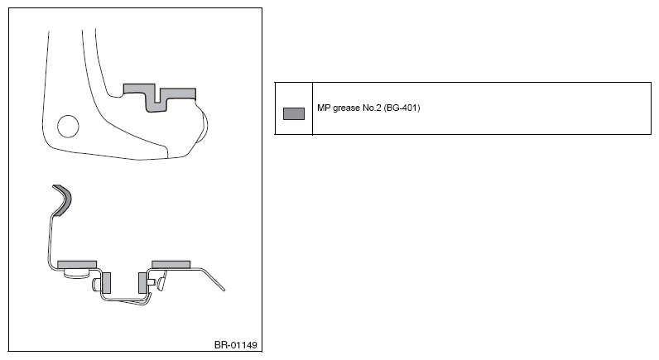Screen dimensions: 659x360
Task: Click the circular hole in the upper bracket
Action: pos(68,126)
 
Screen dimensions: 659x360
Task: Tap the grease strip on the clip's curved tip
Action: pos(63,199)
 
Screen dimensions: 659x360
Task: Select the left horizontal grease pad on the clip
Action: pos(77,265)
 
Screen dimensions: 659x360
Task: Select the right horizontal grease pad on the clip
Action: pos(171,264)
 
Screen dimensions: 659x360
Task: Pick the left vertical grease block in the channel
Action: pos(106,283)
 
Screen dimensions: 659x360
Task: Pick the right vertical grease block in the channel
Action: pos(142,283)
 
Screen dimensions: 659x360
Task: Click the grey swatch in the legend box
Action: pos(294,114)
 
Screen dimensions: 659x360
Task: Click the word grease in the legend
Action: pos(346,108)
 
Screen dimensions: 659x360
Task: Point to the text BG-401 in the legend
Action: pos(402,108)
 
